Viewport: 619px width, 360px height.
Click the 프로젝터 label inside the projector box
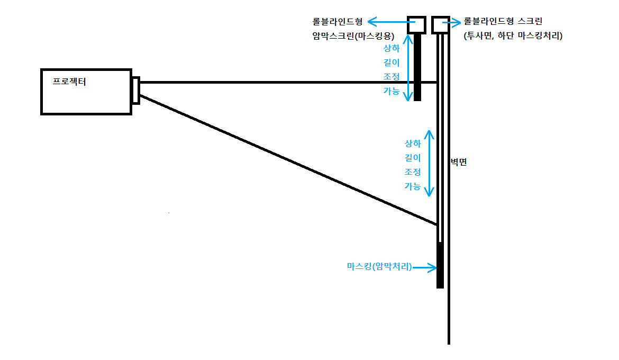click(x=69, y=82)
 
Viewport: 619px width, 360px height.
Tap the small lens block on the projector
click(x=136, y=91)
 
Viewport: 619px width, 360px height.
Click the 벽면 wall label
click(x=459, y=163)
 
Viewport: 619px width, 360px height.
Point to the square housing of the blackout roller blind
click(x=417, y=24)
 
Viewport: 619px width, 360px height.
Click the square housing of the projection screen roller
click(x=441, y=24)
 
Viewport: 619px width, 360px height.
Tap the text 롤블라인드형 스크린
click(x=503, y=22)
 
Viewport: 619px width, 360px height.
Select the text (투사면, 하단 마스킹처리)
click(x=513, y=36)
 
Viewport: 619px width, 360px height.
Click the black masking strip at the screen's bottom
click(x=440, y=265)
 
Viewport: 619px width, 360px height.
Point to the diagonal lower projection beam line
click(x=288, y=159)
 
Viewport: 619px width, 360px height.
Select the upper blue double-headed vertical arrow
click(x=407, y=68)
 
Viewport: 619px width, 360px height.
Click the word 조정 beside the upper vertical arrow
click(x=391, y=76)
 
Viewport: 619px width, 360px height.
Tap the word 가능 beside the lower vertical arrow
click(x=413, y=186)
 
